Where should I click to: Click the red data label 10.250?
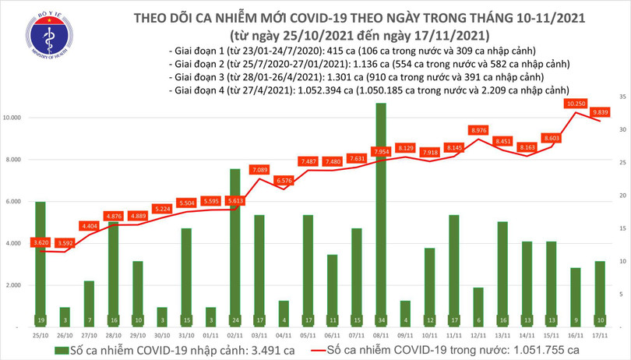[x=576, y=103]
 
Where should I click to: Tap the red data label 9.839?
[x=601, y=111]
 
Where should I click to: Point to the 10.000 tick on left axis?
[x=17, y=118]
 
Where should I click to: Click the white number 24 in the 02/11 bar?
[x=234, y=319]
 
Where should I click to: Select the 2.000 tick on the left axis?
[x=19, y=285]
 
